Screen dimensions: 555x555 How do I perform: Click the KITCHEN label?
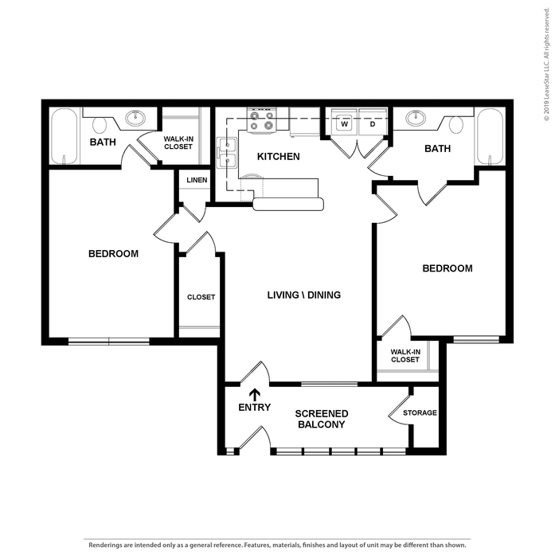278,156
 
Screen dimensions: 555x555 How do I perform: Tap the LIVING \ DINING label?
304,295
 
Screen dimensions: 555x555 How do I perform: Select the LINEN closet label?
197,180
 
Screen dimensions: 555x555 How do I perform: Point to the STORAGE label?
420,412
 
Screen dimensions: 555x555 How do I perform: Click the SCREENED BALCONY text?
322,419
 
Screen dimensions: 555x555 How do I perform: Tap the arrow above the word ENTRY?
255,395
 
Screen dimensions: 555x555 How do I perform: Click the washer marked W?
344,122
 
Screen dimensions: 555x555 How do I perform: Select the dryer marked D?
373,122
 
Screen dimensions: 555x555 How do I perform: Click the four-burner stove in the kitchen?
261,120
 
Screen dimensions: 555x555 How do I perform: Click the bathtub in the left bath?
64,136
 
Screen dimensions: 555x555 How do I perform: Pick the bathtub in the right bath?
490,136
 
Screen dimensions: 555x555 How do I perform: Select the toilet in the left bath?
100,125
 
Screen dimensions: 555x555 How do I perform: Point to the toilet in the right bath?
456,125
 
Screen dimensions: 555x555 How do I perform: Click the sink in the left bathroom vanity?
135,118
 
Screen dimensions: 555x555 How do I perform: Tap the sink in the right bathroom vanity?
416,118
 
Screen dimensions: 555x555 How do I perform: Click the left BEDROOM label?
113,254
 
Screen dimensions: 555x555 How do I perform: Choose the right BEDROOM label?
448,268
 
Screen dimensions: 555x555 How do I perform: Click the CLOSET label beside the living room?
201,297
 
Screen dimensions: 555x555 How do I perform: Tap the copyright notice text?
547,64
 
